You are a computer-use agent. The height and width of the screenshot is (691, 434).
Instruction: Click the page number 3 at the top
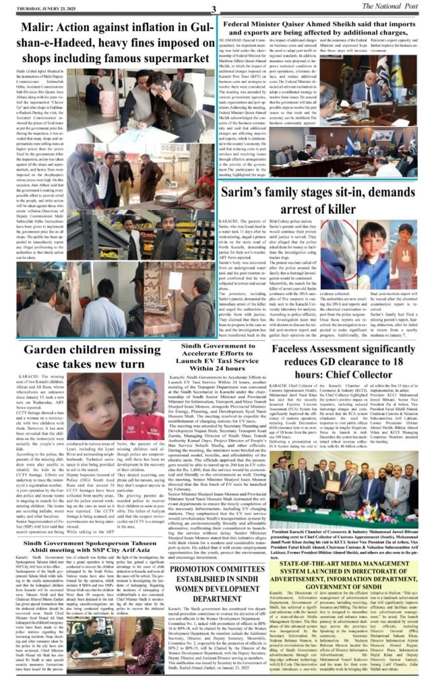(213, 9)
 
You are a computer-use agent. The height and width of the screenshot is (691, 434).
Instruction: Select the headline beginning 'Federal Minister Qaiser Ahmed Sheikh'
(325, 29)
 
